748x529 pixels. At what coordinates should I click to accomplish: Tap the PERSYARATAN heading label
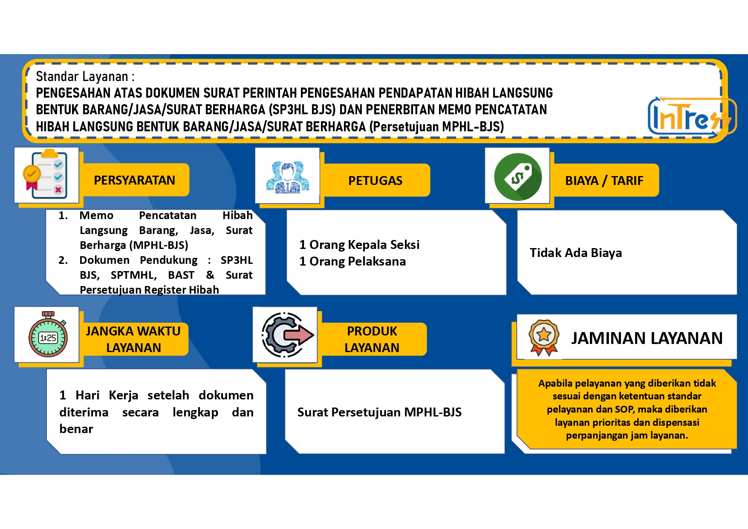tap(134, 180)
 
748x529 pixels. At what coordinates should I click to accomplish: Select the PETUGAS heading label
tap(375, 181)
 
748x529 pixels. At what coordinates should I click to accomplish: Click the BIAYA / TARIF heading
tap(604, 181)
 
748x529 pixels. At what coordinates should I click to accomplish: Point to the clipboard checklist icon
tap(45, 174)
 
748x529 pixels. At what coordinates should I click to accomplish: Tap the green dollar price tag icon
tap(518, 176)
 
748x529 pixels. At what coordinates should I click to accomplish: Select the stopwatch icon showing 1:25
tap(48, 334)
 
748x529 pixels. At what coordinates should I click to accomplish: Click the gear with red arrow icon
tap(287, 335)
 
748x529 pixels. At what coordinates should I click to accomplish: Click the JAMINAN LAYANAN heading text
tap(647, 338)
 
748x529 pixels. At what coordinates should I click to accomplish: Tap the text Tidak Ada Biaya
tap(576, 253)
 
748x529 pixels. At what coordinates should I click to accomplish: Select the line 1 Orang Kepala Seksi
tap(359, 245)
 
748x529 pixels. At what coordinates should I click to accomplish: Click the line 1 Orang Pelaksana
tap(352, 261)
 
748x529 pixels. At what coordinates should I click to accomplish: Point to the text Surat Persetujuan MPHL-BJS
tap(379, 412)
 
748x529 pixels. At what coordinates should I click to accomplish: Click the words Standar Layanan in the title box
tap(82, 77)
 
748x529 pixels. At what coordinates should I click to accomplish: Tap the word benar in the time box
tap(76, 429)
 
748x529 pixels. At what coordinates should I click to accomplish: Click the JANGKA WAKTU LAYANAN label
tap(133, 339)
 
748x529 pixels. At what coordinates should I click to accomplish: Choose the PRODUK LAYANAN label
tap(372, 339)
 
